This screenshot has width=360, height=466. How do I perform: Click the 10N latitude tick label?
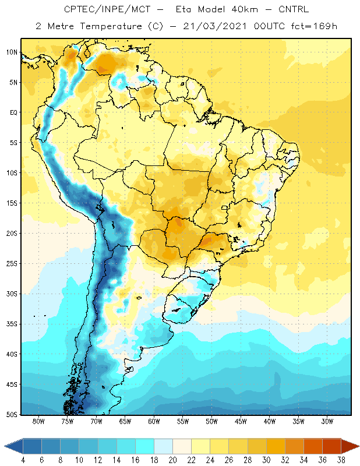pos(12,52)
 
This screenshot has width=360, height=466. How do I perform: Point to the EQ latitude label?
pos(13,112)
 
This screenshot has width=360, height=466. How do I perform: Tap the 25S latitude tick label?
pos(12,264)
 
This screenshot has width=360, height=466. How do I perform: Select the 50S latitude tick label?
pos(12,414)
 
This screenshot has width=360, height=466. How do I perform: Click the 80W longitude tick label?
pos(38,421)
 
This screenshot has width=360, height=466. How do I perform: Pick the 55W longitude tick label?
pos(182,421)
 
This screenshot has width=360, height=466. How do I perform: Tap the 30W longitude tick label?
pos(327,421)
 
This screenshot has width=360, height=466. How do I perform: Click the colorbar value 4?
pos(23,460)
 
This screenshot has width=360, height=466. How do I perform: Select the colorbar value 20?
pos(172,460)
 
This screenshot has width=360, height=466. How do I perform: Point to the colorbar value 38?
pos(341,460)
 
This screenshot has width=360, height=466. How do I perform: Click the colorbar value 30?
pos(266,460)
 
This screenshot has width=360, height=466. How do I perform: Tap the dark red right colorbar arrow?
pos(350,446)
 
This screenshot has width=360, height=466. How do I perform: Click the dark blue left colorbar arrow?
pos(13,446)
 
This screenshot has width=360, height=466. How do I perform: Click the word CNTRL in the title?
pos(294,9)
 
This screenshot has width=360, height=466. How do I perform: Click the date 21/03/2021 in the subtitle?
pos(215,26)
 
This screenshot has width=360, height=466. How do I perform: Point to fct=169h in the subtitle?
pos(314,26)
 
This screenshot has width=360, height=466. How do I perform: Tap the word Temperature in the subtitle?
pos(111,27)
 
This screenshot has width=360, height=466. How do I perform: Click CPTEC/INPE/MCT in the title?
pos(107,9)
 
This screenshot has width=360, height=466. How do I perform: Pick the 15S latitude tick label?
pos(12,203)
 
